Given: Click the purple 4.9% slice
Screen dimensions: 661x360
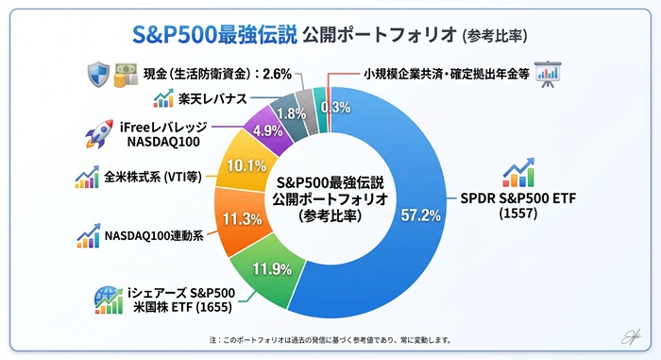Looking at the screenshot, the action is click(x=268, y=129).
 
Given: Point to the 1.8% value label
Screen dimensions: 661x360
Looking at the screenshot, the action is click(x=292, y=113).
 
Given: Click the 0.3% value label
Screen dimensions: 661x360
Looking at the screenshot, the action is click(x=335, y=107).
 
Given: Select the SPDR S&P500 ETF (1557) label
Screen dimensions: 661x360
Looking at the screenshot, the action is click(x=518, y=206).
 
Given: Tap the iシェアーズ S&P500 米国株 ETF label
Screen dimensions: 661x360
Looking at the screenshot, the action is click(x=181, y=300).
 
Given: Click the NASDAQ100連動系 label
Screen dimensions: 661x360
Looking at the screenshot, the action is click(x=154, y=235).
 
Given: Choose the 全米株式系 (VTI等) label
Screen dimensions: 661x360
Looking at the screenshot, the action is click(x=153, y=177).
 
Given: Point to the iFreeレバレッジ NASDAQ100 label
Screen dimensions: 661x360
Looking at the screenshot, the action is click(x=163, y=134).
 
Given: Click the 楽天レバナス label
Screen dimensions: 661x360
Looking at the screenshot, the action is click(x=212, y=99).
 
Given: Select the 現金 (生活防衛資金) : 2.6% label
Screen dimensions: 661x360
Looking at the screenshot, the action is click(x=217, y=75).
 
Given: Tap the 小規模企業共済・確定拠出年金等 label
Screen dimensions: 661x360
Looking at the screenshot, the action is click(x=447, y=75).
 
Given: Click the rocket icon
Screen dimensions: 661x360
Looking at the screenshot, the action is click(x=99, y=134).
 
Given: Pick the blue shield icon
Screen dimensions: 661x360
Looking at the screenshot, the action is click(x=98, y=76).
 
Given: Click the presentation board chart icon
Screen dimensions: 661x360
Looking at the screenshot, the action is click(x=548, y=75).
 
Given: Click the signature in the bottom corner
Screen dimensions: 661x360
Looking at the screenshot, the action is click(x=631, y=336).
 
